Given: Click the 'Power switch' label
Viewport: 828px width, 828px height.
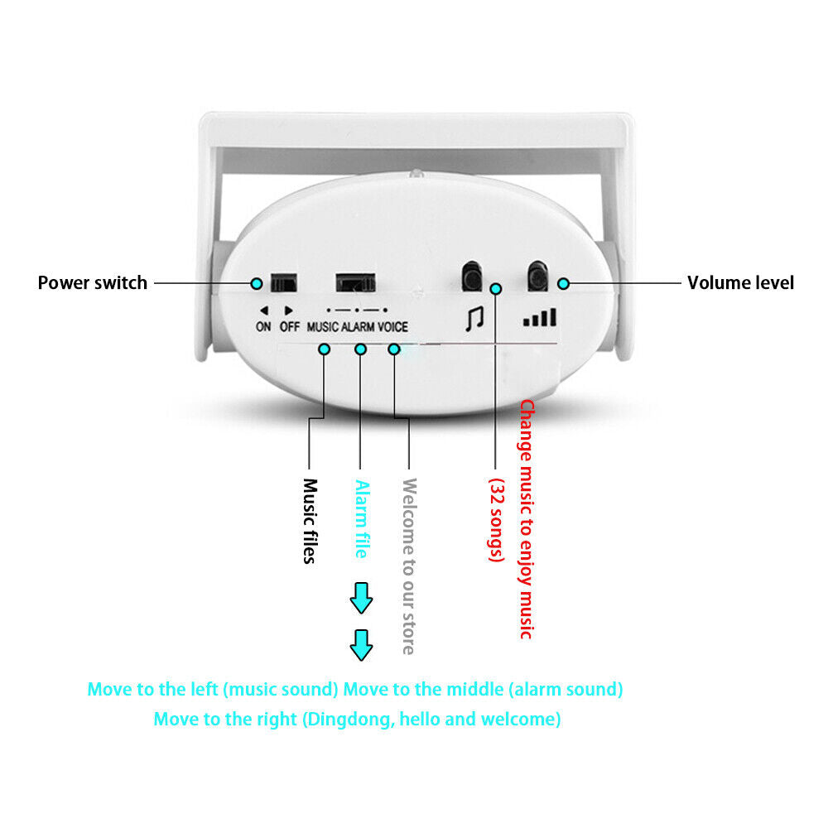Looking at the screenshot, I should [x=92, y=282].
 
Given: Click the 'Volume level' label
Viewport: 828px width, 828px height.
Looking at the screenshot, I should [x=740, y=282].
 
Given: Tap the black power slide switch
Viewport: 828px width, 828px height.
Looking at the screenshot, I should [x=284, y=282].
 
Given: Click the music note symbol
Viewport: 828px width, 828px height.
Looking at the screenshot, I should [x=474, y=319].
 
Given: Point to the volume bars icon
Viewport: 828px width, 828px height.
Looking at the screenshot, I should [x=539, y=317].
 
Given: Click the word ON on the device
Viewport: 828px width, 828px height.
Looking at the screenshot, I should [x=263, y=326].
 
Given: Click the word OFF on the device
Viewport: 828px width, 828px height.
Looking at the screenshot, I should [x=289, y=326].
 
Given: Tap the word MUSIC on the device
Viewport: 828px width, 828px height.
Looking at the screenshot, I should [x=322, y=326].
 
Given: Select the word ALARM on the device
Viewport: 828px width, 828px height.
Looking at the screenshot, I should [x=359, y=326].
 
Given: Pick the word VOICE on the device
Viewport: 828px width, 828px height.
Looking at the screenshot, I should [x=393, y=326].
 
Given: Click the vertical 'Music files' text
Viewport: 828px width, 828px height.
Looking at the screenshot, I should [x=310, y=521].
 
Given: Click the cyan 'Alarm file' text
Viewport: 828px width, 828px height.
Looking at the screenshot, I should [x=361, y=519].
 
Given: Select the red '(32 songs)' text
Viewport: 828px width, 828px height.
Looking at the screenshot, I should [x=496, y=520].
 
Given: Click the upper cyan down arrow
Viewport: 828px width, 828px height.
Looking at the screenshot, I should [x=361, y=598].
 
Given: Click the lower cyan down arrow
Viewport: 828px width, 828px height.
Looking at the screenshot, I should [x=361, y=645].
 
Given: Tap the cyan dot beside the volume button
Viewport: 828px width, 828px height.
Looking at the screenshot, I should [x=563, y=283].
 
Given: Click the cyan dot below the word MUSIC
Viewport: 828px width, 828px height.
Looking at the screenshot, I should [x=324, y=349].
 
